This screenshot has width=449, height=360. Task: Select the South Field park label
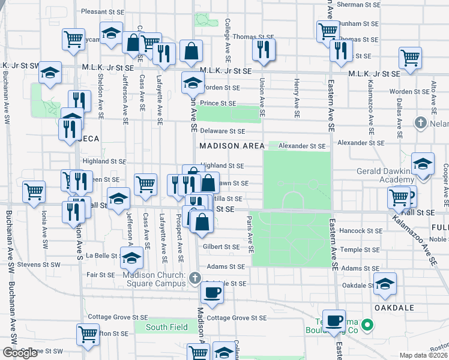(x=166, y=327)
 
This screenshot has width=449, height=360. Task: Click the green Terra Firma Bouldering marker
(x=370, y=326)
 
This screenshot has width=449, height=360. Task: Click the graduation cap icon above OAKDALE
(x=385, y=284)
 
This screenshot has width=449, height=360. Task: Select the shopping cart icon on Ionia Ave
(x=34, y=191)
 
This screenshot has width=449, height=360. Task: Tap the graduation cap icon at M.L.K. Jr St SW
(x=50, y=74)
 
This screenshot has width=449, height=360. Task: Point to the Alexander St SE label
(x=305, y=146)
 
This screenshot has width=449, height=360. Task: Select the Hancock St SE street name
(x=361, y=230)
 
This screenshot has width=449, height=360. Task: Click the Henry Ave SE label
(x=297, y=98)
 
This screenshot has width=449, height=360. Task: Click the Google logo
(x=20, y=353)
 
